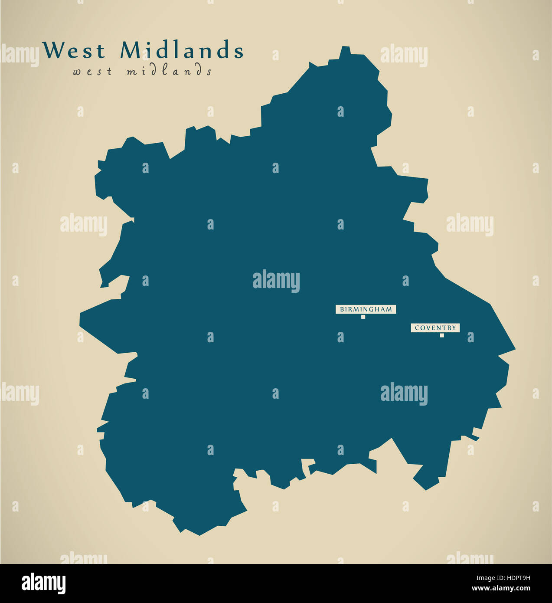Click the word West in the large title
(74, 50)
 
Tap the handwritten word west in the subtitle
(92, 72)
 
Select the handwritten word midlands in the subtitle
(169, 71)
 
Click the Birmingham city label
(366, 309)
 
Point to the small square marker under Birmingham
(363, 317)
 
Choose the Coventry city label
(435, 328)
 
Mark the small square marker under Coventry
(442, 335)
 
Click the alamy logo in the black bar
(43, 583)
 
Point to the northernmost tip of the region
(345, 46)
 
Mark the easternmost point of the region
(515, 349)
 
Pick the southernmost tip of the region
(200, 535)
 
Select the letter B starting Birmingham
(342, 309)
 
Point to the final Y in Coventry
(454, 328)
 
